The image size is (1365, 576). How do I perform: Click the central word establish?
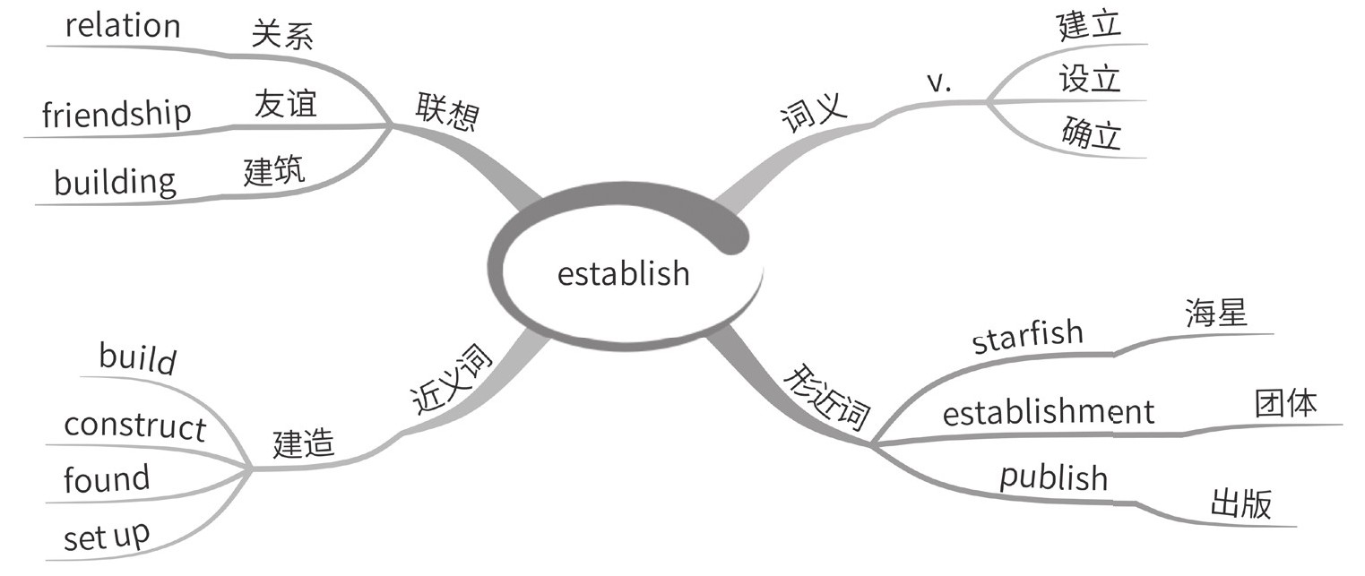coord(624,272)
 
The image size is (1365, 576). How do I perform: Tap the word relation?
coord(122,25)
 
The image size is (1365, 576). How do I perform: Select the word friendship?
coord(117,114)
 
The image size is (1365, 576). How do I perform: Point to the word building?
coord(116,182)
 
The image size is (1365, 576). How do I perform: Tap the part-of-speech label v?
coord(938,82)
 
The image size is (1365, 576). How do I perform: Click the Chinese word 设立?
coord(1090,79)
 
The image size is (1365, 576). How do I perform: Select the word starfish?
coord(1027,337)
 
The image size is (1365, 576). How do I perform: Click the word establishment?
coord(1049,412)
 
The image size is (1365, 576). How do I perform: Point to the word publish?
coord(1054,477)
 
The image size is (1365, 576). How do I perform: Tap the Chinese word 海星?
coord(1215,315)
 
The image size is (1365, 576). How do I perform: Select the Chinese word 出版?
coord(1240,504)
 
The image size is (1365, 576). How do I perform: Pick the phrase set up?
coord(107,536)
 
